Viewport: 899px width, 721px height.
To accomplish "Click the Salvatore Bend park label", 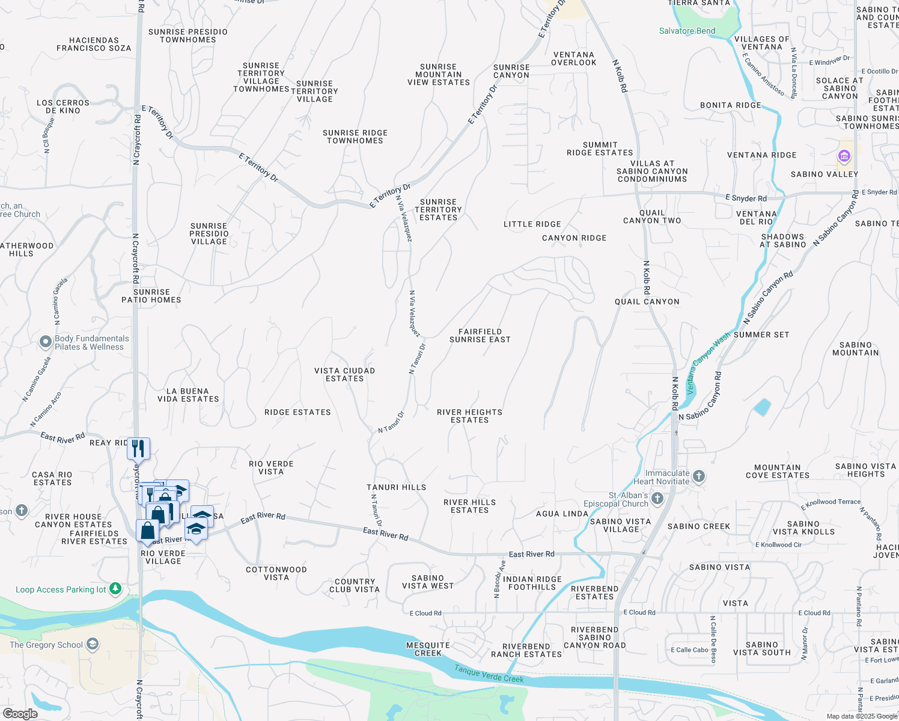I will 687,31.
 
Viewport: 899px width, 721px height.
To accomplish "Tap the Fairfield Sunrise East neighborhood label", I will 480,335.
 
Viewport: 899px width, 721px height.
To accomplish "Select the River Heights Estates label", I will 469,416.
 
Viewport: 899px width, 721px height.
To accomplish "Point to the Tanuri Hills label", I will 397,487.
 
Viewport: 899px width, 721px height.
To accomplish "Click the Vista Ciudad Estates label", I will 345,374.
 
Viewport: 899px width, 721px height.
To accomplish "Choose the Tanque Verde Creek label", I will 489,674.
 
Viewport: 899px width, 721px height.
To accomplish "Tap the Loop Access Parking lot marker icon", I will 116,589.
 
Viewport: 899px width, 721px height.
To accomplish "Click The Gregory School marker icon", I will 93,645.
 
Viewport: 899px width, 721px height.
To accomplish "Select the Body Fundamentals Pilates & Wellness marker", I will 46,342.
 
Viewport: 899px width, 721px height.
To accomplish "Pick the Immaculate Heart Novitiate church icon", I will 698,476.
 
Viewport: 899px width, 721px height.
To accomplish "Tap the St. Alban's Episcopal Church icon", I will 657,499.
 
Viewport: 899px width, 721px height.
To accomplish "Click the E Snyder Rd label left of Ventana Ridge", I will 746,198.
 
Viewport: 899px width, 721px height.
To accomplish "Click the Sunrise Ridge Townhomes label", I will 355,136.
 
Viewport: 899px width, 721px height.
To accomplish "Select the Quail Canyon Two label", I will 652,216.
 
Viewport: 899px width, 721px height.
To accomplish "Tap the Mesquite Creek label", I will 428,649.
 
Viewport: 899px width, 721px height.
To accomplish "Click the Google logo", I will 20,714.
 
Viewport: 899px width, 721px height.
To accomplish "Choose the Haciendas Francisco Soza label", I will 94,44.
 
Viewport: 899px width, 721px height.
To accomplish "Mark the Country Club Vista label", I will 355,585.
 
